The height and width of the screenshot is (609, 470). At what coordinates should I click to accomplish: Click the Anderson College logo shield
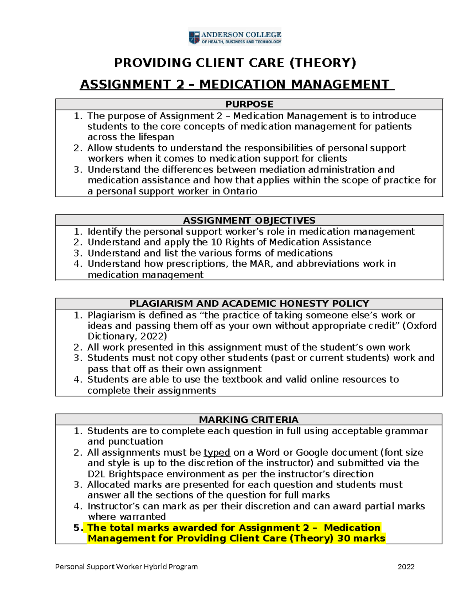pyautogui.click(x=194, y=38)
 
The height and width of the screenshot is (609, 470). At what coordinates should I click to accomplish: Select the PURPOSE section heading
pyautogui.click(x=249, y=104)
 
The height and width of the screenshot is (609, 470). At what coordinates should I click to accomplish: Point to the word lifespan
pyautogui.click(x=156, y=137)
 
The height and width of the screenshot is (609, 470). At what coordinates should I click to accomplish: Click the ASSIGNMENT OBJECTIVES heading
pyautogui.click(x=249, y=220)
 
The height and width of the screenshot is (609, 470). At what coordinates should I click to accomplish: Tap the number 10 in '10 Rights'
pyautogui.click(x=216, y=242)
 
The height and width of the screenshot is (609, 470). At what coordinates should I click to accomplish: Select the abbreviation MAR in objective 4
pyautogui.click(x=260, y=264)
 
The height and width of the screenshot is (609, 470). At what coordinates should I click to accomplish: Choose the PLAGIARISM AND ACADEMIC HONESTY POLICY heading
pyautogui.click(x=249, y=304)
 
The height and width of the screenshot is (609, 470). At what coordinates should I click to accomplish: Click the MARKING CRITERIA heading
pyautogui.click(x=249, y=420)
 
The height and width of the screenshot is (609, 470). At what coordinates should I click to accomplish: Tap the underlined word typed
pyautogui.click(x=217, y=453)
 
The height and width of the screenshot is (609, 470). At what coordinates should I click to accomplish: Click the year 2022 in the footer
pyautogui.click(x=406, y=567)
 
